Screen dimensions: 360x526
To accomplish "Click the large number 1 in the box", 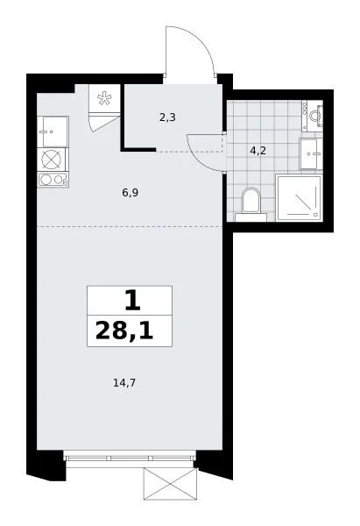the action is click(x=132, y=302).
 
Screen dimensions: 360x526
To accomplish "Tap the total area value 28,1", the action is click(x=124, y=331).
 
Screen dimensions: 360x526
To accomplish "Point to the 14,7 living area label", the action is click(x=124, y=382).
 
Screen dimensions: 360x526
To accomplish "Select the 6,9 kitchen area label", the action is click(x=131, y=193).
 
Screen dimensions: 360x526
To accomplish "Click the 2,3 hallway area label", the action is click(x=167, y=117).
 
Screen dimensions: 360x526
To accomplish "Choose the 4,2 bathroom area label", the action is click(x=258, y=151).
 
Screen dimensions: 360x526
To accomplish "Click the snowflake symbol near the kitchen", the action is click(x=104, y=98).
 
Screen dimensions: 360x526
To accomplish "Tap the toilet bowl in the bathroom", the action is click(x=251, y=201).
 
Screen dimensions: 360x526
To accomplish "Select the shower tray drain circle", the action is click(x=315, y=215).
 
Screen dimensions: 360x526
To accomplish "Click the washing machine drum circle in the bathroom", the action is click(x=314, y=116).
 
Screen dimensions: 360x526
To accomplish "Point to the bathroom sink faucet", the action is click(x=316, y=154).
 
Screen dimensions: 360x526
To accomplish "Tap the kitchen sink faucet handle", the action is click(x=44, y=131).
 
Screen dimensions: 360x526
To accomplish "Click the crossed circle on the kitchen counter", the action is click(x=52, y=160).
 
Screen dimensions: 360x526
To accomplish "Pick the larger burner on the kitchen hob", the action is click(x=46, y=180).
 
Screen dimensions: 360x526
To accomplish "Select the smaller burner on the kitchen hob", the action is click(x=59, y=180).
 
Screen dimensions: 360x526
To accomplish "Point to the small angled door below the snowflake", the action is click(x=104, y=123).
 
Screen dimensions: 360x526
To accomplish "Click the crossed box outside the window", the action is click(x=171, y=484).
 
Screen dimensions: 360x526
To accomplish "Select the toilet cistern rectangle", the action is click(x=251, y=217).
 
